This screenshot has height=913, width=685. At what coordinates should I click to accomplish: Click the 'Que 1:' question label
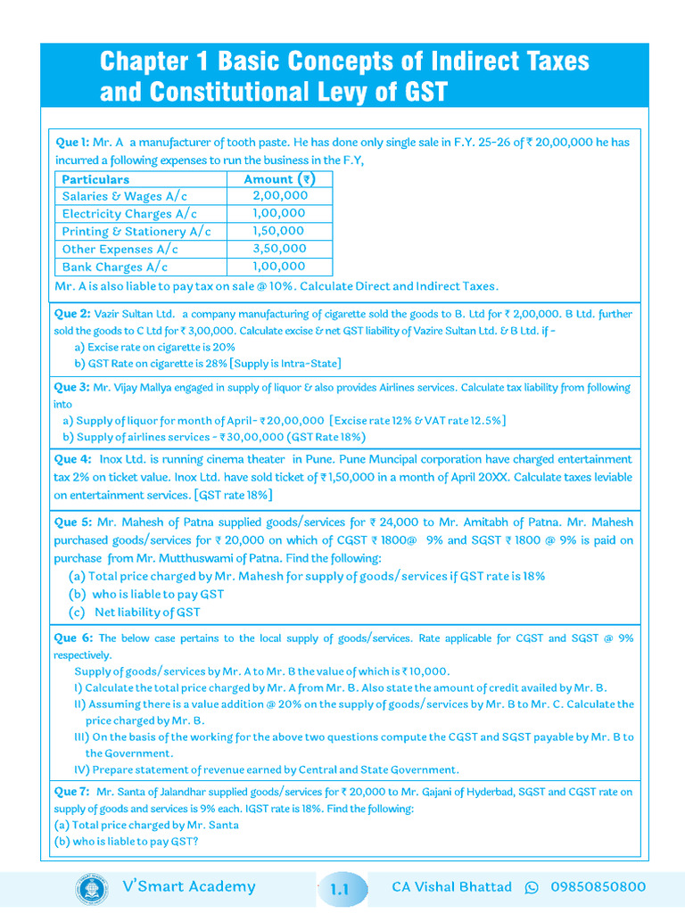[x=71, y=142]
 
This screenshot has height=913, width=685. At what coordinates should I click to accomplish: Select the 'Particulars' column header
[x=95, y=178]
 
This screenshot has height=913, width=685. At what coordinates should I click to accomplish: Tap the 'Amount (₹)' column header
[x=279, y=178]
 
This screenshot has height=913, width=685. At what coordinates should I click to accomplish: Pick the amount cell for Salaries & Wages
[x=279, y=196]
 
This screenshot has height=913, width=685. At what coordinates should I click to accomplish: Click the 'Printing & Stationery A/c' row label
[x=136, y=232]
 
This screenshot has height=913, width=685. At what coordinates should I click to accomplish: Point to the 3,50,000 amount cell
[x=279, y=249]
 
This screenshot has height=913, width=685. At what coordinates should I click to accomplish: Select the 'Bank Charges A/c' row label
[x=115, y=267]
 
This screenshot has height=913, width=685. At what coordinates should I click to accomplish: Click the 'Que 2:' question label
[x=71, y=314]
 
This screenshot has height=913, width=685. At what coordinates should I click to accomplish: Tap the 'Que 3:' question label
[x=71, y=387]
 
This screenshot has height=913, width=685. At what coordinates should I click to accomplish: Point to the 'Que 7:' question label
[x=71, y=791]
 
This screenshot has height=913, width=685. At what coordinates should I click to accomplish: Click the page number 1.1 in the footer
[x=340, y=889]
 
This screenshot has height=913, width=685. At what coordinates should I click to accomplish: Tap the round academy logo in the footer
[x=92, y=888]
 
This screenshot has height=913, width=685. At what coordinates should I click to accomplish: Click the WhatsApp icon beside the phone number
[x=532, y=887]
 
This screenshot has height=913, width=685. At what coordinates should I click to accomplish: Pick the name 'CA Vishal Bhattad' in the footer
[x=451, y=887]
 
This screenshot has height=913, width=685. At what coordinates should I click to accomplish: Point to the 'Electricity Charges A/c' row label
[x=130, y=214]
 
